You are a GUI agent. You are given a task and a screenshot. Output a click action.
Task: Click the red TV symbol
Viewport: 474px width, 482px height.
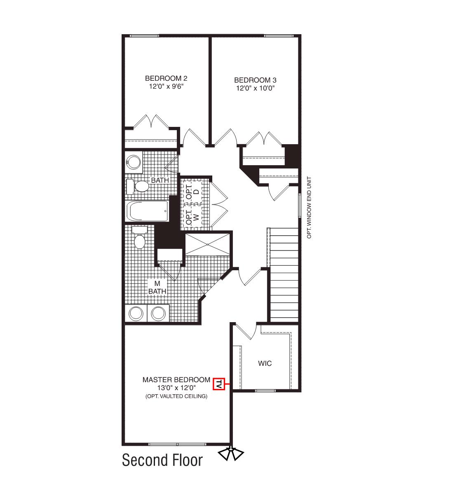219,384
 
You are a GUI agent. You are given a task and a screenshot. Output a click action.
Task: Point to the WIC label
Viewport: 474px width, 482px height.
265,363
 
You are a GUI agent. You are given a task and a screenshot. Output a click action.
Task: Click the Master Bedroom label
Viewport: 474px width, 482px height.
176,379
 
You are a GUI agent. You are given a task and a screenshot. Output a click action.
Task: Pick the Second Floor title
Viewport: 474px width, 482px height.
162,460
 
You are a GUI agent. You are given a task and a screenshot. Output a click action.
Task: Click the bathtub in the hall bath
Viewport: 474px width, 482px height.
148,211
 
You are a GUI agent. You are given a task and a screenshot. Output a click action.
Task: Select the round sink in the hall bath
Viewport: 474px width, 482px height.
133,161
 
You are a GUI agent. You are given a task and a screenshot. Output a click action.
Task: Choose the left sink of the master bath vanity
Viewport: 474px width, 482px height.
136,314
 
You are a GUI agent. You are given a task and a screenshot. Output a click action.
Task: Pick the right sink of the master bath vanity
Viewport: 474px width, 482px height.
158,314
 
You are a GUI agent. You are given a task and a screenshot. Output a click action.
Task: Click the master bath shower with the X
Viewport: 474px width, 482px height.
207,244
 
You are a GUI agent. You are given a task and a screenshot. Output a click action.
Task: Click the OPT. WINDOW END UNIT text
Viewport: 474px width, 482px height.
310,208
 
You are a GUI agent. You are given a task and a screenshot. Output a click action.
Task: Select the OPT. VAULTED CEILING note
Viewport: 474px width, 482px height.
176,396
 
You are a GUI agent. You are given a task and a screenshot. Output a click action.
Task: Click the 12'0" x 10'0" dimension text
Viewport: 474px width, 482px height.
255,88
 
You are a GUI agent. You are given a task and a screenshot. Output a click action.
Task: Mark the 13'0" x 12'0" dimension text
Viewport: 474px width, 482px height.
176,388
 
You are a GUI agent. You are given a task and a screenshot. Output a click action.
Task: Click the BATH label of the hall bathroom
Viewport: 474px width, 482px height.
160,180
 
